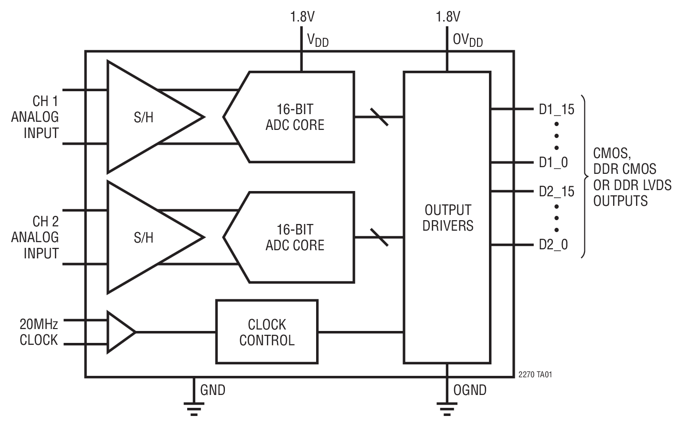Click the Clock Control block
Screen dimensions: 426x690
(x=266, y=332)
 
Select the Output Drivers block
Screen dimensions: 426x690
(x=447, y=218)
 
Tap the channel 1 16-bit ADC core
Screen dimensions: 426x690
(x=294, y=117)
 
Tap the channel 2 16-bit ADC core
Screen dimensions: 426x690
(x=294, y=237)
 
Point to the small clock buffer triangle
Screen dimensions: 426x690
(x=119, y=332)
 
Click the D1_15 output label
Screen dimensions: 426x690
(x=556, y=109)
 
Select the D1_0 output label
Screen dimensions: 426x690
(x=553, y=163)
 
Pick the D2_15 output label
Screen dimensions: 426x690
(x=556, y=192)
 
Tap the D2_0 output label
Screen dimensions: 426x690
(x=553, y=245)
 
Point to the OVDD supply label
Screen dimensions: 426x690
(x=467, y=40)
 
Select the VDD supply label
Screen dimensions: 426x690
(x=318, y=40)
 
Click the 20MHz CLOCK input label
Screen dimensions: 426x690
(x=39, y=332)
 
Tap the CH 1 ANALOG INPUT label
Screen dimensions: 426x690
(x=36, y=117)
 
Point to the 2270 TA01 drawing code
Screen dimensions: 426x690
(x=535, y=375)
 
